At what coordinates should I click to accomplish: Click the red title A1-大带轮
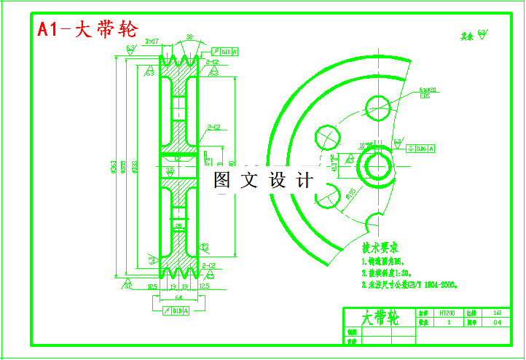tap(87, 29)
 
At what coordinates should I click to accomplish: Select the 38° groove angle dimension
tap(189, 36)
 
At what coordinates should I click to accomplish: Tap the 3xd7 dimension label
tap(152, 41)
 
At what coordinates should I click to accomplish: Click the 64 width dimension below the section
tap(178, 298)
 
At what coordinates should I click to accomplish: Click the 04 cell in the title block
tap(498, 321)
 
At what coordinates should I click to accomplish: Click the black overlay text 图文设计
tap(263, 179)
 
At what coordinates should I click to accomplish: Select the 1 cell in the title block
tap(449, 321)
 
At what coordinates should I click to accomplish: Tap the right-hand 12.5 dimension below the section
tap(204, 287)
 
